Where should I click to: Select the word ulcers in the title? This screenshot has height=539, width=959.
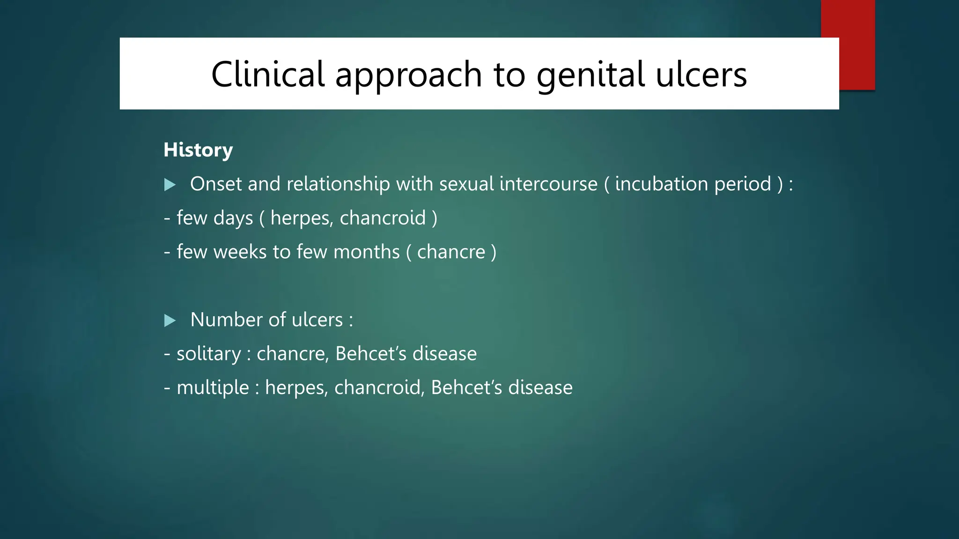tap(701, 75)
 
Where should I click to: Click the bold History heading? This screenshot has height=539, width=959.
tap(198, 150)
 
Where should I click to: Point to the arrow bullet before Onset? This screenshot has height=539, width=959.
tap(170, 184)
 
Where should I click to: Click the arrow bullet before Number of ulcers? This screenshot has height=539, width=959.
tap(170, 320)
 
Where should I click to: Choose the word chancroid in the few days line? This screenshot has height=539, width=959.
tap(383, 218)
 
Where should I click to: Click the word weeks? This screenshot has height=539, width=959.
tap(240, 252)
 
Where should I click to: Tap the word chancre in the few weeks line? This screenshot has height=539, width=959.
tap(451, 252)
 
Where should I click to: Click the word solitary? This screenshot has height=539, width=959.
tap(208, 354)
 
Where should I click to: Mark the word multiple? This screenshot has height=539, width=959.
tap(213, 388)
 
